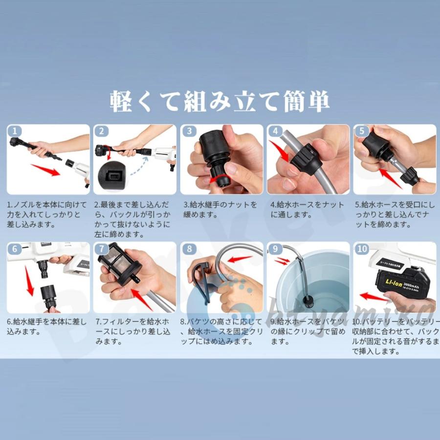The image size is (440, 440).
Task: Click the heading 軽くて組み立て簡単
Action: pos(220,101)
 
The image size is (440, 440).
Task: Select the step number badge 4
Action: pos(275,131)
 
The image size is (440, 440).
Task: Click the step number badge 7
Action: pos(102,249)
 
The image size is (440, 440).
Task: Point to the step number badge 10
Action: pos(362,249)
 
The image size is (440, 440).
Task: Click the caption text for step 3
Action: pos(220,210)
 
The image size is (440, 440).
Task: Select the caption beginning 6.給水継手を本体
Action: pos(47,327)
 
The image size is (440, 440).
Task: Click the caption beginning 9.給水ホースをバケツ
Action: pos(308,331)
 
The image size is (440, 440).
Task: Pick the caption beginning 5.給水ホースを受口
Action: pos(395,215)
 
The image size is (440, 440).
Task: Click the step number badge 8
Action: pos(189,249)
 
